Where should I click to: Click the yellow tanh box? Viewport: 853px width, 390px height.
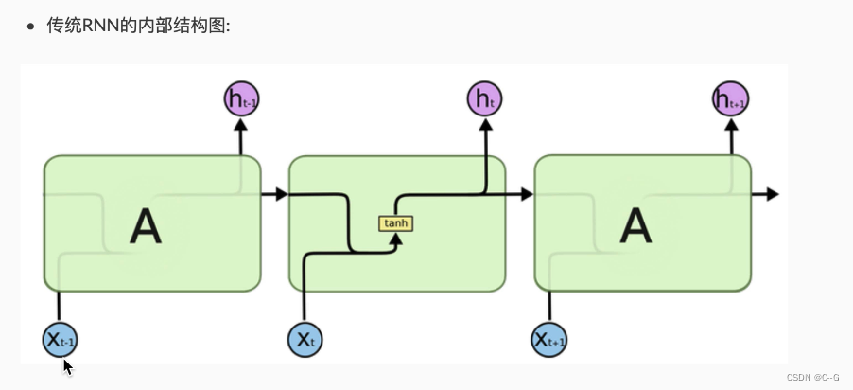(396, 223)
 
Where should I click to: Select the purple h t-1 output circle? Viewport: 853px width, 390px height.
(241, 98)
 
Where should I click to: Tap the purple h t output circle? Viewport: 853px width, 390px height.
(485, 98)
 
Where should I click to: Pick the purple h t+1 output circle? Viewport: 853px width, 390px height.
(731, 98)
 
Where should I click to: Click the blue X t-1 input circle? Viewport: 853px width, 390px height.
(60, 339)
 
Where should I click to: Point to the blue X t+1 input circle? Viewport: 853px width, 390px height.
(550, 339)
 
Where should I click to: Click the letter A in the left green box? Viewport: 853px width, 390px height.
(145, 226)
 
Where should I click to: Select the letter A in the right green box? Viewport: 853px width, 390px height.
(635, 226)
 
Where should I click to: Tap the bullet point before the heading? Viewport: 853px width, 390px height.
(31, 27)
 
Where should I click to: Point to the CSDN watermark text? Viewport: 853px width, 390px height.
(799, 376)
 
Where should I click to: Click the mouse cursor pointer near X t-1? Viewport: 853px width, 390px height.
(68, 365)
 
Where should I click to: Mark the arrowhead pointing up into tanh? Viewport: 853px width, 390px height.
(397, 239)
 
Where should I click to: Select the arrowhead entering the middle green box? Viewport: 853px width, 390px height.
(281, 194)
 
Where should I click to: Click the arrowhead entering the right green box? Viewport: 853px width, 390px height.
(527, 194)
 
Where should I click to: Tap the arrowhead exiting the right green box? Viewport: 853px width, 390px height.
(772, 194)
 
